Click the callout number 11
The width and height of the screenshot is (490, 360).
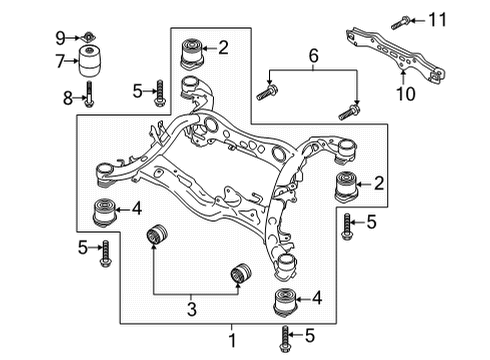(437, 20)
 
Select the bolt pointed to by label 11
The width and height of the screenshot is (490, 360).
(400, 22)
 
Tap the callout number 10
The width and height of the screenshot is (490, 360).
(406, 93)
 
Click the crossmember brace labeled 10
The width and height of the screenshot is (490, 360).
(396, 55)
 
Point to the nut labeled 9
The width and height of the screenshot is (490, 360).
(89, 36)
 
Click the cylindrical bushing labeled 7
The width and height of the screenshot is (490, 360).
(90, 61)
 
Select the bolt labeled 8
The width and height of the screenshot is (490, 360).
(89, 94)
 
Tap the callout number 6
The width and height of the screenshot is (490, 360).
(313, 55)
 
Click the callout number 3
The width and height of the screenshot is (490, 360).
(192, 309)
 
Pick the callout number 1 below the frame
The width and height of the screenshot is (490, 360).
(232, 340)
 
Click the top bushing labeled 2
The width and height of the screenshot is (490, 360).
(192, 54)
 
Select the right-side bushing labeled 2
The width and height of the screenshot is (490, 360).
(346, 186)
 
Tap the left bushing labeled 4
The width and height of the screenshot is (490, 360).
(103, 212)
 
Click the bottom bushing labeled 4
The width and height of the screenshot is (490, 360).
(285, 302)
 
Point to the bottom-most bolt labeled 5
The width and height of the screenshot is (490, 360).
(285, 338)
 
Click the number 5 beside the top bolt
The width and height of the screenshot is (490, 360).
(137, 91)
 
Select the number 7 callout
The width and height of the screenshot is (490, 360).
(60, 61)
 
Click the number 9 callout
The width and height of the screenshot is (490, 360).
(60, 38)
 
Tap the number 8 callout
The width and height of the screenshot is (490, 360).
(68, 98)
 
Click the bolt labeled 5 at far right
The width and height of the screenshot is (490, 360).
(346, 227)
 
